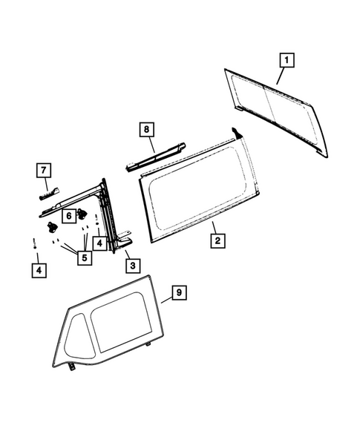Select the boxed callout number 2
(216, 240)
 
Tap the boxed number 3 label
(131, 265)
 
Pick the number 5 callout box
(84, 257)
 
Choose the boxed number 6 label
(68, 215)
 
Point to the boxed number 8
(147, 130)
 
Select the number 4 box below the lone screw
(37, 270)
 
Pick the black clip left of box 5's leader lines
(53, 226)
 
